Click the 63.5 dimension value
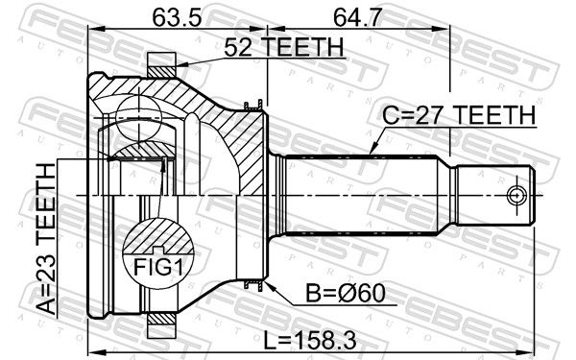point(177,17)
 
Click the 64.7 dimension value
point(358,17)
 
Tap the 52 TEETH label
point(284,47)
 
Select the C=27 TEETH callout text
point(459,115)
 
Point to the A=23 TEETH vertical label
point(47,239)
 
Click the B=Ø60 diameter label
point(346,294)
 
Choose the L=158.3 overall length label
point(310,341)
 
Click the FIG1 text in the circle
point(158,267)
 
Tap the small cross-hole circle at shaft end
point(516,195)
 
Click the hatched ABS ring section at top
point(161,71)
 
